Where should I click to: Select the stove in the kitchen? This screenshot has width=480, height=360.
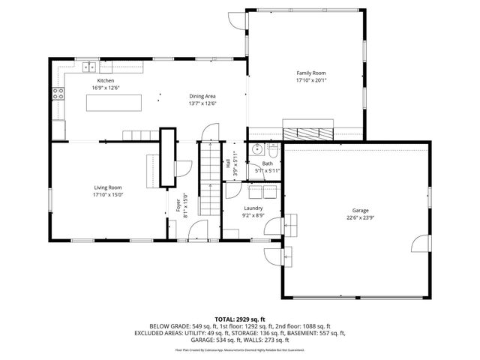[x=57, y=94]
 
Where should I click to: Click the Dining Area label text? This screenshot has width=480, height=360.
[x=202, y=96]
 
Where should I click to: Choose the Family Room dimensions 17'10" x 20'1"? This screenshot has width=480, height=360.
[x=311, y=80]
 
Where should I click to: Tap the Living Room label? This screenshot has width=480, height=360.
[x=107, y=187]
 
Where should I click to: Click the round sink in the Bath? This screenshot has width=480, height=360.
[x=256, y=149]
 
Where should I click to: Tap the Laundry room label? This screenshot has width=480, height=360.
[x=253, y=208]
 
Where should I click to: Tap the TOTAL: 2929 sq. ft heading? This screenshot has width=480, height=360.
[x=239, y=319]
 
